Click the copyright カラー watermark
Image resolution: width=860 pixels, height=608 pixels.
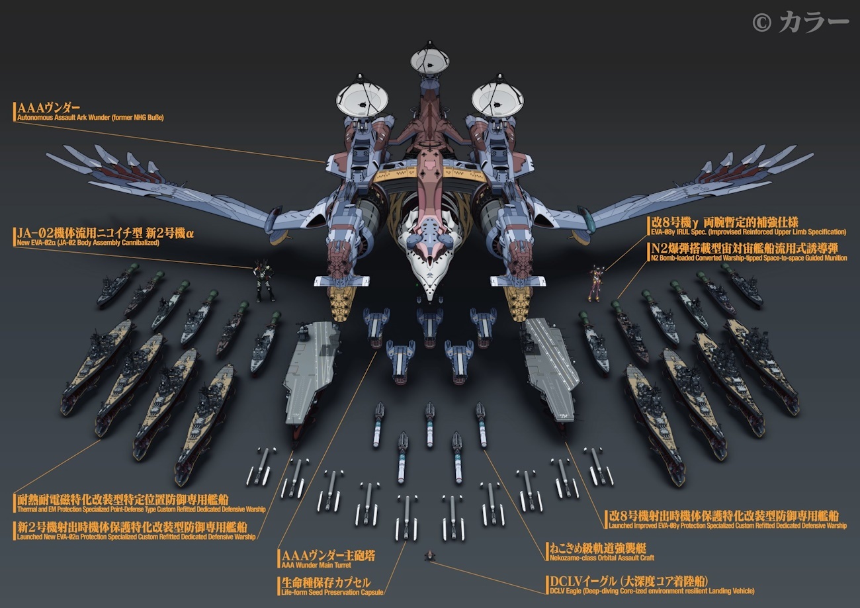click(800, 22)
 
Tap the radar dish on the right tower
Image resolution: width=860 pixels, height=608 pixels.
click(497, 99)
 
